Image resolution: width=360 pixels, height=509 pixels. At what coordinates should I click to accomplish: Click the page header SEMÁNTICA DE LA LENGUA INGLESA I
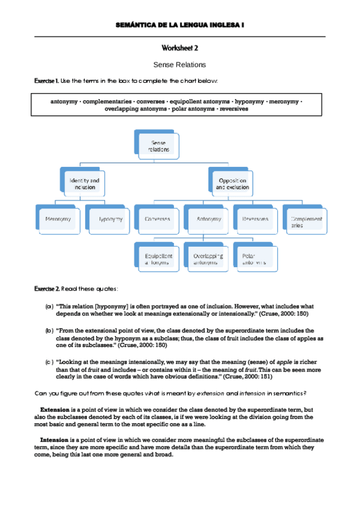pyautogui.click(x=179, y=25)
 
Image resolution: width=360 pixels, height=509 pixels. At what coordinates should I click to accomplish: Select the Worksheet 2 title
pyautogui.click(x=179, y=48)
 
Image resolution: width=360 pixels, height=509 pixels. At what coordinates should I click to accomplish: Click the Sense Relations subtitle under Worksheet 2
pyautogui.click(x=179, y=64)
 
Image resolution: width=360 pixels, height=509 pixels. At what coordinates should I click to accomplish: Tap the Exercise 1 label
pyautogui.click(x=46, y=80)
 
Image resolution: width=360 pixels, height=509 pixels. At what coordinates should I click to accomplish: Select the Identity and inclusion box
pyautogui.click(x=84, y=183)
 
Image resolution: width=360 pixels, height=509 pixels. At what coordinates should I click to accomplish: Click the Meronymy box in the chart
pyautogui.click(x=58, y=219)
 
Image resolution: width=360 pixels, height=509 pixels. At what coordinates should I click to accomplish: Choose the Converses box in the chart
pyautogui.click(x=157, y=219)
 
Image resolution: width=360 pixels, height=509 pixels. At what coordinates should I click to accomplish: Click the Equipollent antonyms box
pyautogui.click(x=157, y=258)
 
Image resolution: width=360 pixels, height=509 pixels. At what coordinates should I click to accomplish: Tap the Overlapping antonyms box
pyautogui.click(x=206, y=258)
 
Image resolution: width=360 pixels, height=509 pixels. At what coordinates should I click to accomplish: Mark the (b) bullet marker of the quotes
pyautogui.click(x=49, y=331)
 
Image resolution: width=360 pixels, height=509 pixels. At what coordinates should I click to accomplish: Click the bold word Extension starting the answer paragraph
pyautogui.click(x=55, y=410)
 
